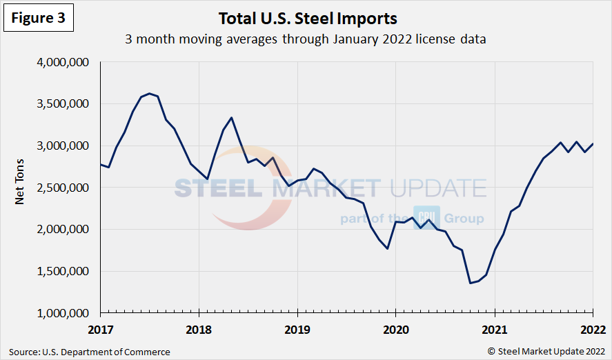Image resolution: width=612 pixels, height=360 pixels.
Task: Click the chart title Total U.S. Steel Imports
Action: pos(308,18)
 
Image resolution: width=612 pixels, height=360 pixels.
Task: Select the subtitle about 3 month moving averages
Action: pos(306,39)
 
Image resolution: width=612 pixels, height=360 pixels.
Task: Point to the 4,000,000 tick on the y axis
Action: pos(61,63)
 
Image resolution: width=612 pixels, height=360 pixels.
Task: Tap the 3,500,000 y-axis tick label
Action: pos(61,104)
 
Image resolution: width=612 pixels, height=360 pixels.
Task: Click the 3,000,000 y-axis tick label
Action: pos(61,146)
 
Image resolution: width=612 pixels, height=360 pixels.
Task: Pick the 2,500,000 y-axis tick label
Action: pos(61,188)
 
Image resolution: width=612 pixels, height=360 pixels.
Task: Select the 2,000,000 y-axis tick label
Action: pos(61,230)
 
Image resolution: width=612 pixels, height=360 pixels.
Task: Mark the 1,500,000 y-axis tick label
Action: pos(61,271)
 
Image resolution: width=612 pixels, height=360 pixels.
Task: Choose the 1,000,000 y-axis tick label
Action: pos(61,313)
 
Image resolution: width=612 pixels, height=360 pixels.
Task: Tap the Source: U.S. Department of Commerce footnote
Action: pos(90,352)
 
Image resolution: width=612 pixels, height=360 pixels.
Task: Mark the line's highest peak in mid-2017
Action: pos(149,93)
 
